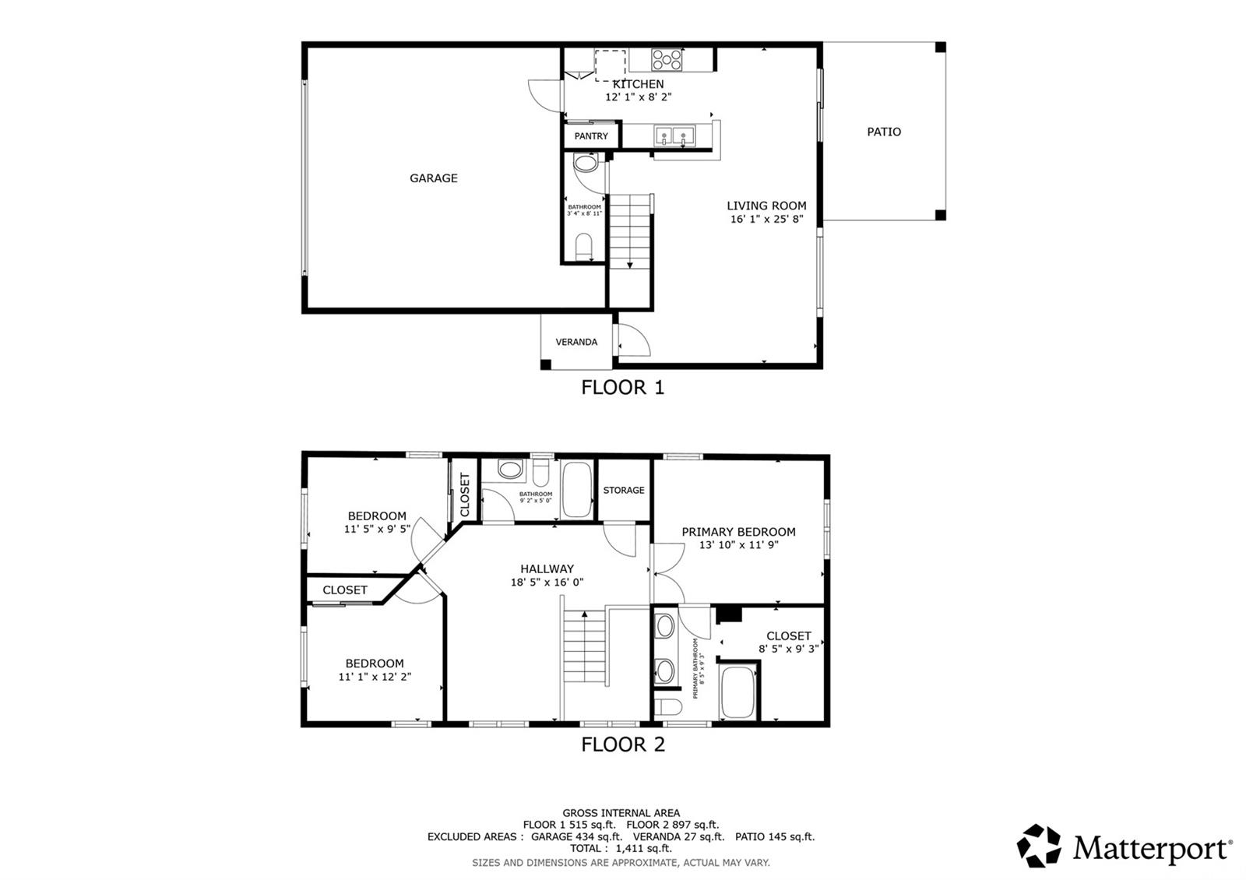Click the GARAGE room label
point(434,178)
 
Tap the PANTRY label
point(591,136)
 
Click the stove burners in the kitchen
point(667,59)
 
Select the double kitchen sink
point(674,136)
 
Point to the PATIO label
point(884,132)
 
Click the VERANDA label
point(576,342)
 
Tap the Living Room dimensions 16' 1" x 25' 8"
point(766,220)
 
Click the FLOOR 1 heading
point(623,387)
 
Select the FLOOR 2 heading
point(623,744)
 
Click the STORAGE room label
point(624,490)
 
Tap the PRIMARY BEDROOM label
point(738,532)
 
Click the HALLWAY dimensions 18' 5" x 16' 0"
point(547,583)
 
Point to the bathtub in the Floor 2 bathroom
point(577,489)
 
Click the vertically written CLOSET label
point(465,495)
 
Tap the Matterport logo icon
point(1039,846)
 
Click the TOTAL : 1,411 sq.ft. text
point(621,849)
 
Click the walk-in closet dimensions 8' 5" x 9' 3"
point(788,649)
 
